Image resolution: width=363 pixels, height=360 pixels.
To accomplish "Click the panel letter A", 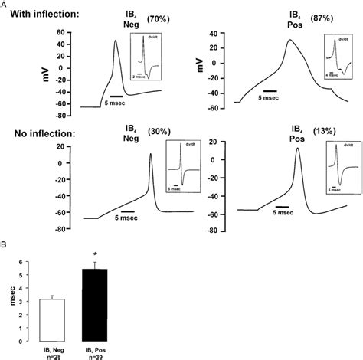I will [5, 4].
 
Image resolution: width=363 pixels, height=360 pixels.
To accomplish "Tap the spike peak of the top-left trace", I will [116, 41].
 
